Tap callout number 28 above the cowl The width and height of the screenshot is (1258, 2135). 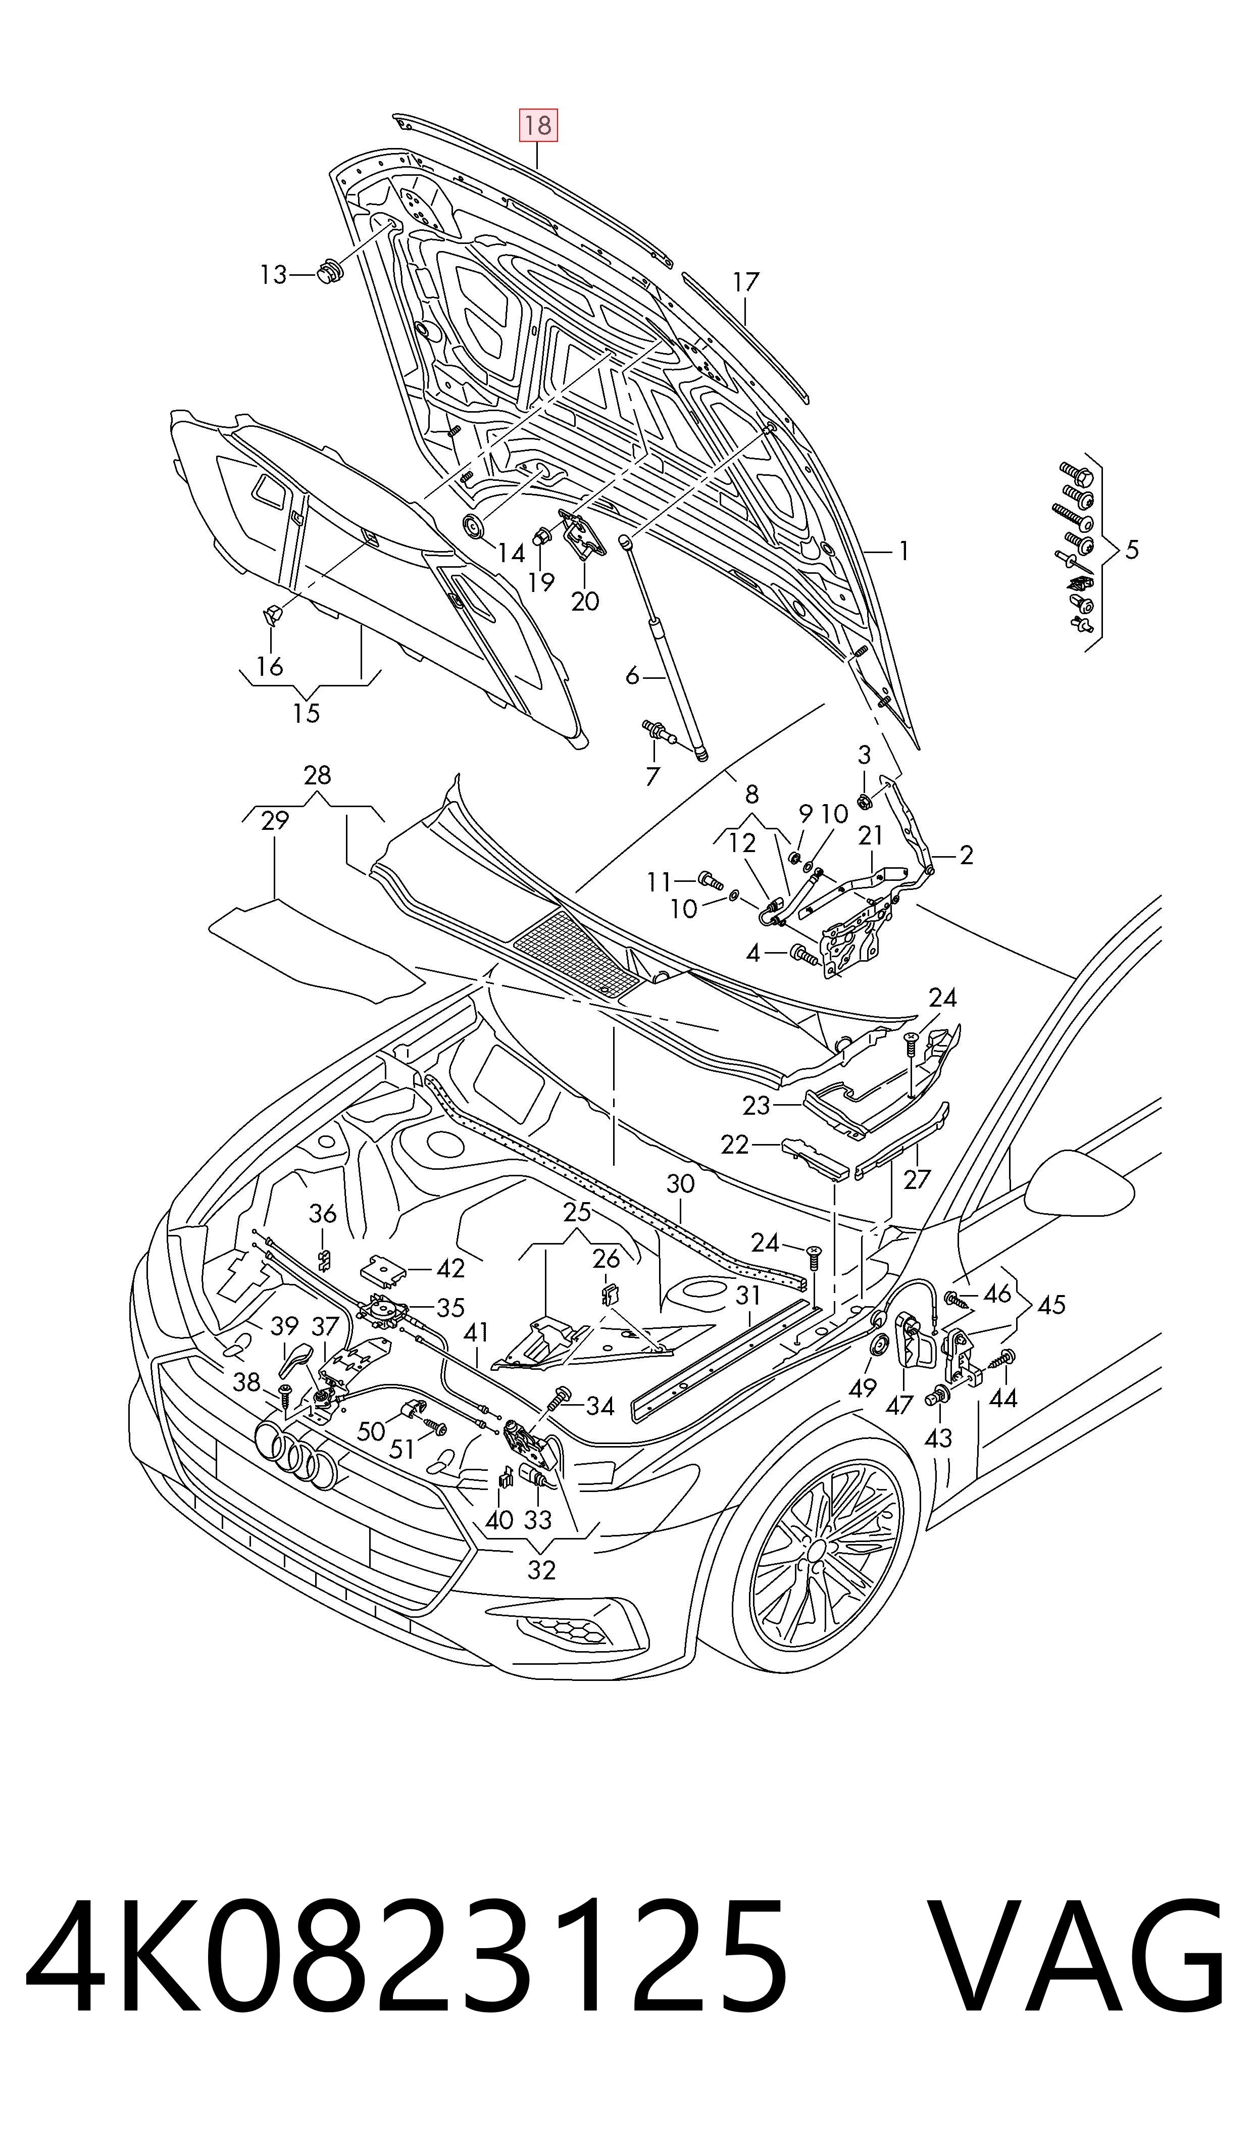click(x=317, y=775)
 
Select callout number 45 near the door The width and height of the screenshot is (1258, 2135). click(x=1051, y=1305)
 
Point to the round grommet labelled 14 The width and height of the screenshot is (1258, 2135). click(x=473, y=525)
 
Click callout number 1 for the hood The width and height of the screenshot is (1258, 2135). click(x=904, y=551)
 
